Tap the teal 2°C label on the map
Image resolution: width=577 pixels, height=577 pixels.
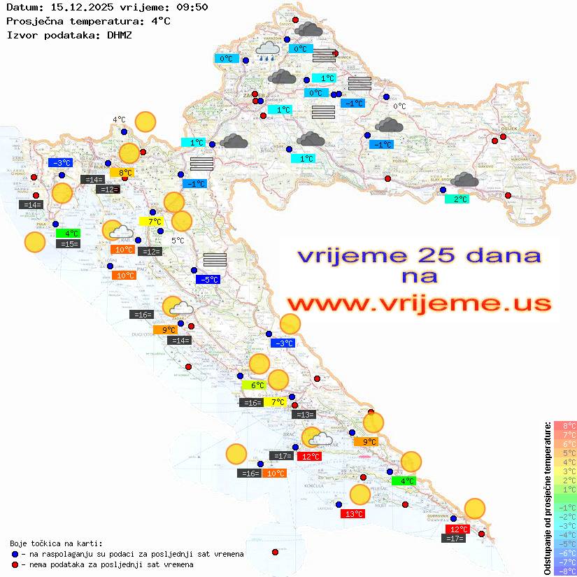pyautogui.click(x=457, y=199)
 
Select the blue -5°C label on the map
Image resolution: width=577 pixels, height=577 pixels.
pyautogui.click(x=208, y=280)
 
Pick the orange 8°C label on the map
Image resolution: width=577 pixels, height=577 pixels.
pyautogui.click(x=122, y=173)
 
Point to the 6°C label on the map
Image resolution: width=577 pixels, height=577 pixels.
pyautogui.click(x=254, y=385)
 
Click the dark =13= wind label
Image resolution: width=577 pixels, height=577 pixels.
pyautogui.click(x=304, y=415)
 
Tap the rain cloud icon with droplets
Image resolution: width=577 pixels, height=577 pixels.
pyautogui.click(x=267, y=51)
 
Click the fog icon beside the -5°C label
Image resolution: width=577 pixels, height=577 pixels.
pyautogui.click(x=215, y=260)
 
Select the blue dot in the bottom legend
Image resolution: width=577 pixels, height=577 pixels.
pyautogui.click(x=14, y=554)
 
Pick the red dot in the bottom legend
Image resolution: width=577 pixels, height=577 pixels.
pyautogui.click(x=14, y=564)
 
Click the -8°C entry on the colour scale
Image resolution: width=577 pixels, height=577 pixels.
pyautogui.click(x=565, y=571)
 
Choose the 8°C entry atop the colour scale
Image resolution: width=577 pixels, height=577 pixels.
pyautogui.click(x=565, y=426)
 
